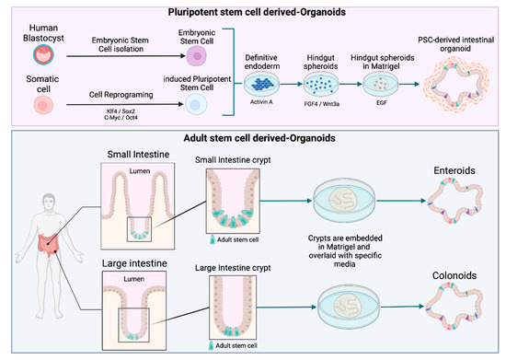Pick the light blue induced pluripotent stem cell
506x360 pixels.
coord(195,107)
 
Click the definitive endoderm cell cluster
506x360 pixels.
coord(266,96)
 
